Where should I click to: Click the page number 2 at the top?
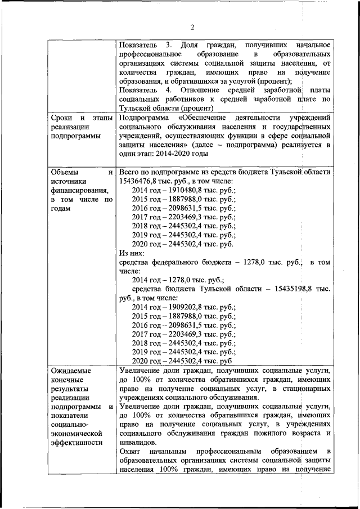coord(192,28)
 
